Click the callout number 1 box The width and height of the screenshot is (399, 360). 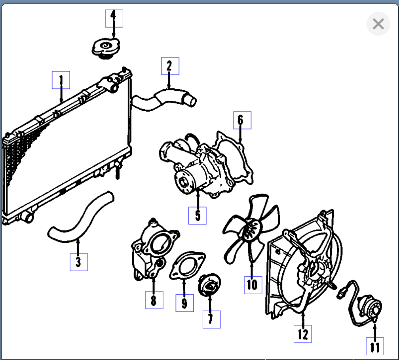pyautogui.click(x=61, y=80)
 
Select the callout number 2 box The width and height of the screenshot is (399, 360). pyautogui.click(x=170, y=66)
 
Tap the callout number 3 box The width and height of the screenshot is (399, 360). pyautogui.click(x=79, y=262)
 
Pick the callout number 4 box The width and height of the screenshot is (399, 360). pyautogui.click(x=114, y=18)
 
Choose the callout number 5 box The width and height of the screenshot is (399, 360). pyautogui.click(x=198, y=215)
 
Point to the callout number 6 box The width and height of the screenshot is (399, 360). pyautogui.click(x=242, y=120)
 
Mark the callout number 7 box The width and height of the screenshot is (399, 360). pyautogui.click(x=212, y=319)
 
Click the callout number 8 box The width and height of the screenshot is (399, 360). pyautogui.click(x=154, y=300)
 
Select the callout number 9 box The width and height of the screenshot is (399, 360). pyautogui.click(x=184, y=303)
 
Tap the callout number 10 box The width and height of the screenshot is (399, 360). pyautogui.click(x=253, y=285)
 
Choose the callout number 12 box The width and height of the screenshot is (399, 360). pyautogui.click(x=303, y=333)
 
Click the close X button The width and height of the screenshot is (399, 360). pyautogui.click(x=378, y=24)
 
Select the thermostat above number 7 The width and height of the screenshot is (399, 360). pyautogui.click(x=209, y=285)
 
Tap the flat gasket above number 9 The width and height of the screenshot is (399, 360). pyautogui.click(x=187, y=265)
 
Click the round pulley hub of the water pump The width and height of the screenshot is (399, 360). pyautogui.click(x=185, y=183)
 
